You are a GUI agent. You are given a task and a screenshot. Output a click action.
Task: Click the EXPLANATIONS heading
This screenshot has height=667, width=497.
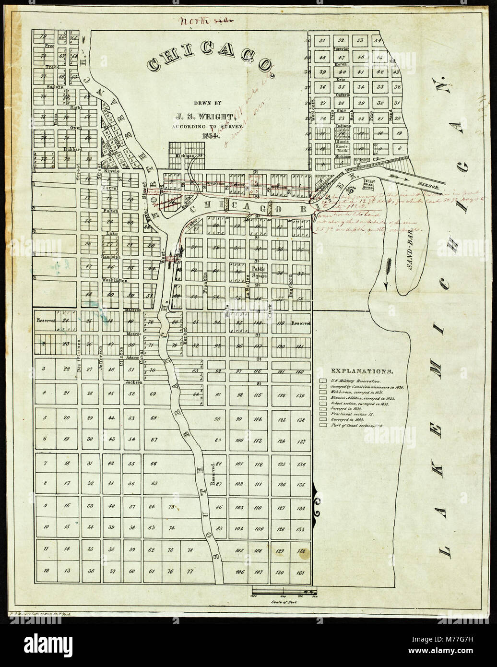click(x=364, y=371)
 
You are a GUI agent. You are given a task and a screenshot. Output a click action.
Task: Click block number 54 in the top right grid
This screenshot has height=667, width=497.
click(x=379, y=40)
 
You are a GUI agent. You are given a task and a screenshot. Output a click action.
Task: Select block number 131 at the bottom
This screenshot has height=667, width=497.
click(x=301, y=572)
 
